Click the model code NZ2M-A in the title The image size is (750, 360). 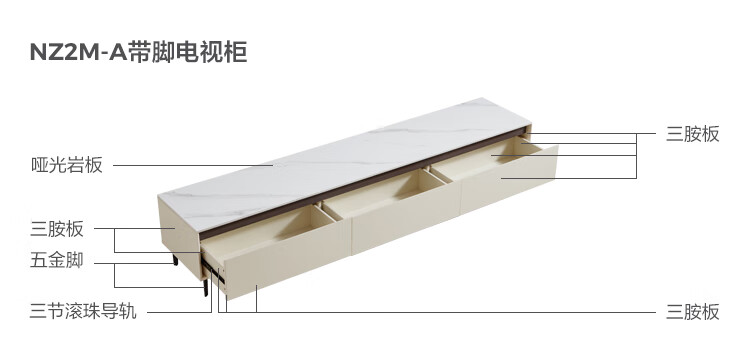tap(78, 52)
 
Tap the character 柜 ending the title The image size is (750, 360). tap(236, 52)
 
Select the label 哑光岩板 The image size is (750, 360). tap(66, 165)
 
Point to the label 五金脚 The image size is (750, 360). tap(57, 260)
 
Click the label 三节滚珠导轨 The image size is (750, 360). tap(83, 311)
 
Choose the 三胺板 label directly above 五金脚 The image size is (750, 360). tap(57, 229)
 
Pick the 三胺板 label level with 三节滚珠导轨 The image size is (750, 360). tap(693, 312)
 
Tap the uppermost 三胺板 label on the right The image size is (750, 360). tap(693, 134)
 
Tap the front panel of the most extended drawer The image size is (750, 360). tap(508, 181)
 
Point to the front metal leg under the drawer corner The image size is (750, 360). tap(206, 287)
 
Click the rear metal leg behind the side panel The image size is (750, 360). tap(175, 260)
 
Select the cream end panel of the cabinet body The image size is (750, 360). tap(179, 238)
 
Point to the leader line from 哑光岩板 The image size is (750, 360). tap(193, 165)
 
